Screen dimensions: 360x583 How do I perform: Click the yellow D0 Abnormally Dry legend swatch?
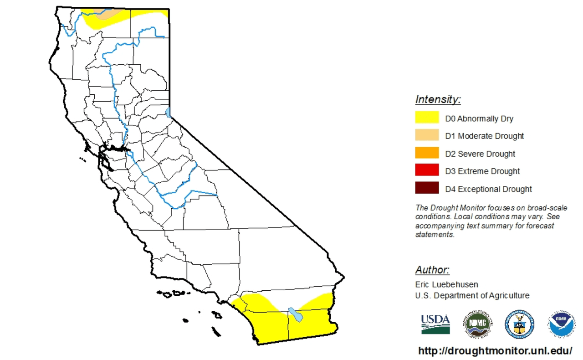point(427,118)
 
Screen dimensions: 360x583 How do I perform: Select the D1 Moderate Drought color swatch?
point(427,135)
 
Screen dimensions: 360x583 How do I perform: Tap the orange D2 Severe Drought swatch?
point(427,153)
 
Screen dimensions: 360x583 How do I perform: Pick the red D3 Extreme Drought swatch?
point(427,170)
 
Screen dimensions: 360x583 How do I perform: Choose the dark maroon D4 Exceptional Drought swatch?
point(427,188)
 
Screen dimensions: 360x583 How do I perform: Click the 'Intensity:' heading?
point(438,99)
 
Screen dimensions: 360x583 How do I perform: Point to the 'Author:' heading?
point(432,270)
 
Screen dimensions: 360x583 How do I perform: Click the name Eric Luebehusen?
point(446,284)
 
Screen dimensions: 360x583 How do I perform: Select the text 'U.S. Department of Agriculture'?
point(472,295)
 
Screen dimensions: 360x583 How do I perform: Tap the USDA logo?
point(435,324)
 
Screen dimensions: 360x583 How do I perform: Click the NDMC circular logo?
point(478,324)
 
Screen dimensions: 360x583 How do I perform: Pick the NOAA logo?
point(561,324)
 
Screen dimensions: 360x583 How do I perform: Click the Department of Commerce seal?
point(519,324)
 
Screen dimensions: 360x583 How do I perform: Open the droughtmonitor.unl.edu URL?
point(495,351)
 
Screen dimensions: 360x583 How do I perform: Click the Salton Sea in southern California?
point(295,315)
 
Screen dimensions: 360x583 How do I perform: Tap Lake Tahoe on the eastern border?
point(168,112)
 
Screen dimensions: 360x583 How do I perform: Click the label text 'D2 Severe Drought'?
point(480,154)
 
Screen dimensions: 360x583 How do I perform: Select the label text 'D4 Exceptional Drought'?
point(488,189)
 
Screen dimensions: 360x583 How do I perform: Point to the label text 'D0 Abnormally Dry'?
point(479,118)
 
